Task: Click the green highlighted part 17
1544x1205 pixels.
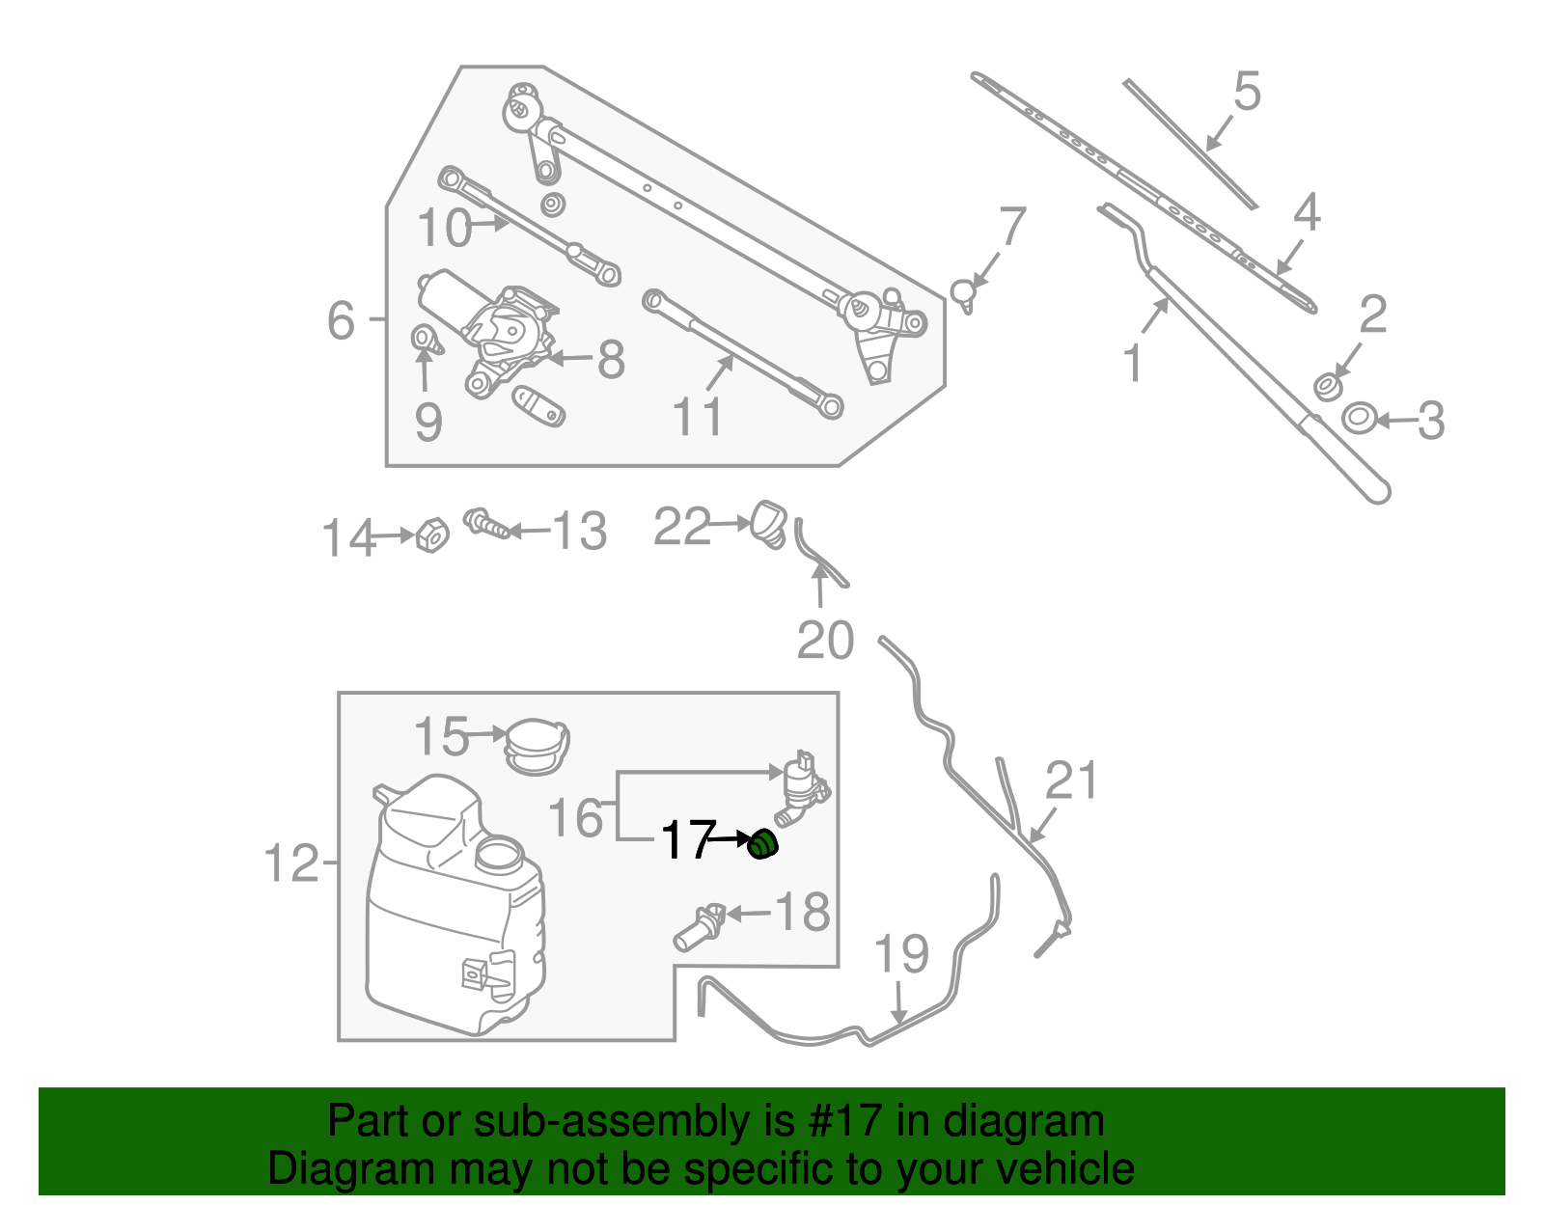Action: coord(762,844)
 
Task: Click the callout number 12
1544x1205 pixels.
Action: coord(290,863)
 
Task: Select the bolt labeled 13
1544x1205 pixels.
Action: coord(487,525)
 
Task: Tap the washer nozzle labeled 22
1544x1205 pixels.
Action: coord(769,522)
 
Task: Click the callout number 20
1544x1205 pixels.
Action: coord(826,641)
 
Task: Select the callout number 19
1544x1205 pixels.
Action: coord(901,954)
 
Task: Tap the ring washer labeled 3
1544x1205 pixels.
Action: coord(1359,419)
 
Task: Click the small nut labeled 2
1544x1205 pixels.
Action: coord(1328,387)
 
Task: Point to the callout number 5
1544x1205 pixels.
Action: coord(1247,92)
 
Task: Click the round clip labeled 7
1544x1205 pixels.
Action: coord(963,291)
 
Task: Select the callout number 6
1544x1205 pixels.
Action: coord(341,320)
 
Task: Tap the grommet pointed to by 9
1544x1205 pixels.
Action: coord(425,339)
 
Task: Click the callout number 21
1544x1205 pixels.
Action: coord(1072,781)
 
